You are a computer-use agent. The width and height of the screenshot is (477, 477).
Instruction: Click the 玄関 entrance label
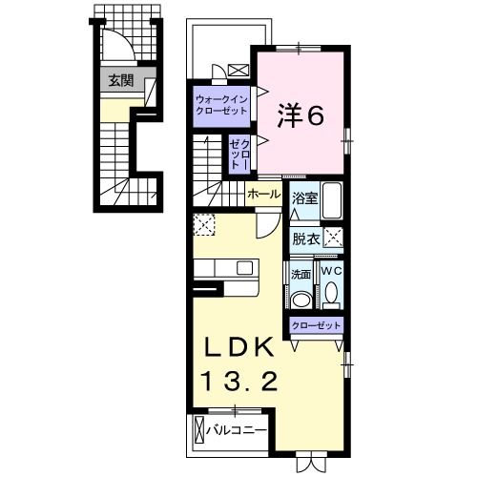120,80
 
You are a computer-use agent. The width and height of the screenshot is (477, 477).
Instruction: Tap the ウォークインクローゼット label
220,104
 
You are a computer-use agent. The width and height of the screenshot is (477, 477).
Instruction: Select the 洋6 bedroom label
301,115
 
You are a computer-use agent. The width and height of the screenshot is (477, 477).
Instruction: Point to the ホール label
263,194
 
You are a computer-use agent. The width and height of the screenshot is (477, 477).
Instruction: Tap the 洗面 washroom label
301,274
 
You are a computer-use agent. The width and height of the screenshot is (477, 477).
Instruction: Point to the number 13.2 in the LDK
239,383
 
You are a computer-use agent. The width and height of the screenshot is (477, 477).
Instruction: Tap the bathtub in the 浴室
332,201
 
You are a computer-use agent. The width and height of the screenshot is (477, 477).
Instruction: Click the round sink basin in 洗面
301,299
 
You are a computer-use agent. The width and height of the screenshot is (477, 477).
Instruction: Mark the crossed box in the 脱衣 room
333,239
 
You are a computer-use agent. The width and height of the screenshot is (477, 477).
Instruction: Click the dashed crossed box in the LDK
204,225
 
